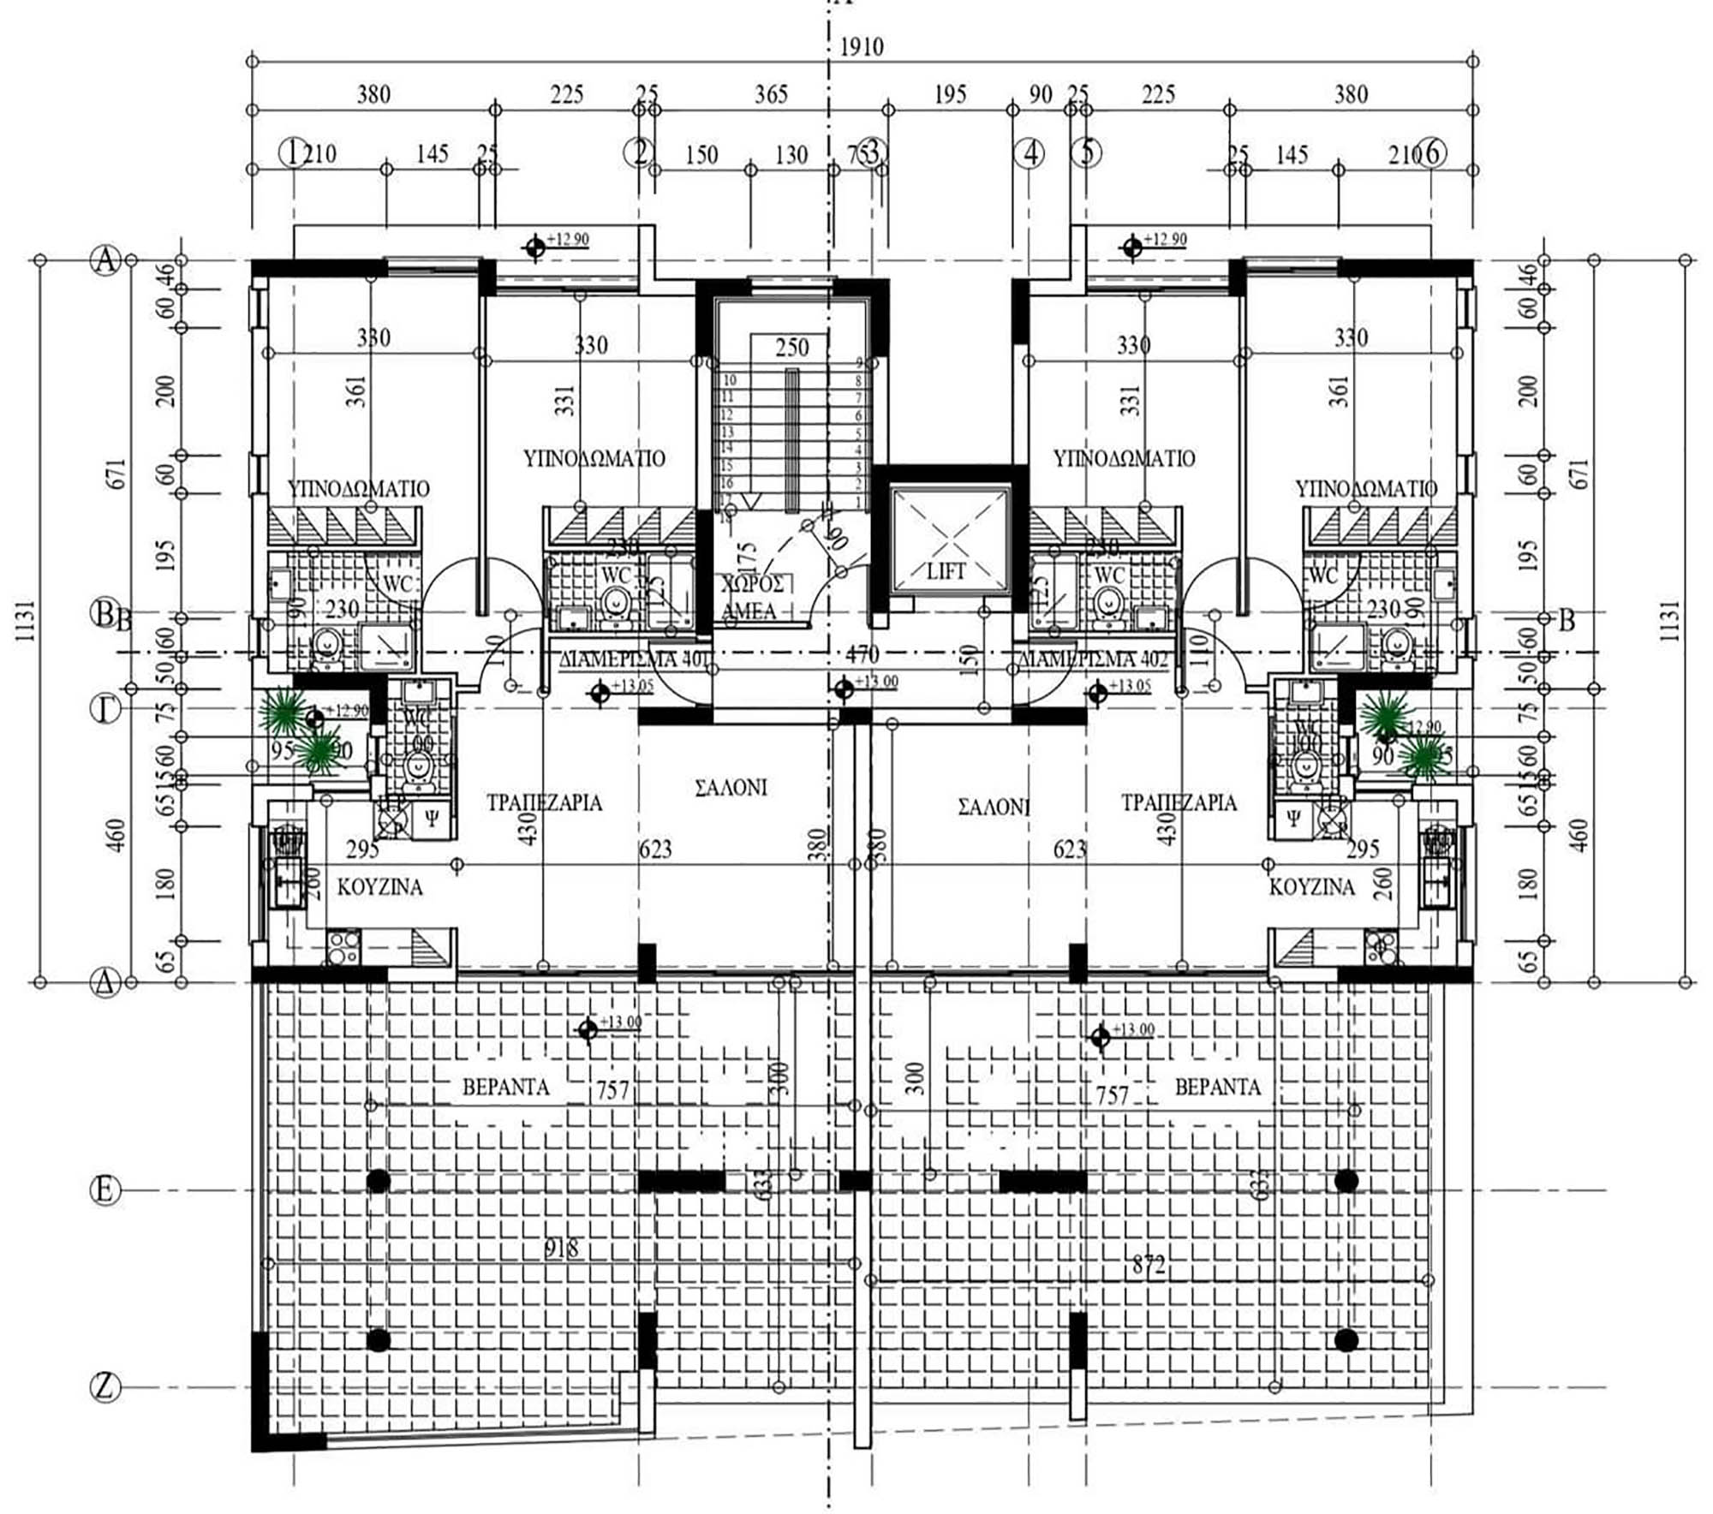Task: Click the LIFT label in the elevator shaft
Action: pyautogui.click(x=946, y=571)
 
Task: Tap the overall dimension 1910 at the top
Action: pyautogui.click(x=861, y=47)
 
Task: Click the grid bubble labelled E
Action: pyautogui.click(x=104, y=1190)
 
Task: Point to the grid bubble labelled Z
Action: pyautogui.click(x=104, y=1386)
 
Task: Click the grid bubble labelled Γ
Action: pyautogui.click(x=104, y=709)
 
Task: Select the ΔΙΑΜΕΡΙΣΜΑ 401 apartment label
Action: pyautogui.click(x=635, y=659)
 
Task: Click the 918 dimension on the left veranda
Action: pyautogui.click(x=561, y=1249)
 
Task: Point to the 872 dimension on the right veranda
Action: pyautogui.click(x=1149, y=1265)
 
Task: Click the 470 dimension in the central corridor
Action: pyautogui.click(x=862, y=654)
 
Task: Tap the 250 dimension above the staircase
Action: pyautogui.click(x=791, y=348)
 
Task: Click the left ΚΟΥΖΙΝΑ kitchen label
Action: pyautogui.click(x=379, y=887)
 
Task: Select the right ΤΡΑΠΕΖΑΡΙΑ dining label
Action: pyautogui.click(x=1179, y=802)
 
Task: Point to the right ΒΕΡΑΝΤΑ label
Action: pyautogui.click(x=1217, y=1088)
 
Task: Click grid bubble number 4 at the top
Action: pyautogui.click(x=1030, y=153)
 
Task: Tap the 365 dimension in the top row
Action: pyautogui.click(x=770, y=94)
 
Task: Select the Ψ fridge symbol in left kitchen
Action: pyautogui.click(x=432, y=819)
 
